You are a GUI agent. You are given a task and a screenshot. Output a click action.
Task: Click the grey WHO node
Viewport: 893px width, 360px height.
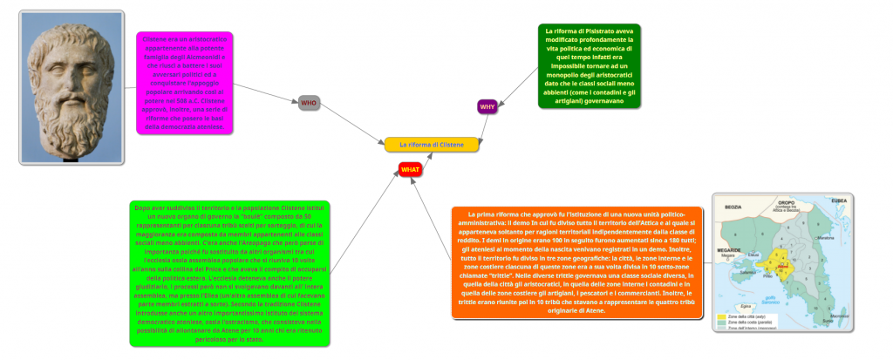309,103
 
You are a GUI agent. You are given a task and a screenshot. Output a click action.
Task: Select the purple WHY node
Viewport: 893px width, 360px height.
487,106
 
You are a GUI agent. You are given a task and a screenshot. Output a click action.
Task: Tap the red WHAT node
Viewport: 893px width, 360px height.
410,168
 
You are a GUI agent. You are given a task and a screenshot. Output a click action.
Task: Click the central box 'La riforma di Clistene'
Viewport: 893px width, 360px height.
433,144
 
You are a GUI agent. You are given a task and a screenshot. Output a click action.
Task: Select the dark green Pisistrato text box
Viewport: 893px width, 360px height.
589,66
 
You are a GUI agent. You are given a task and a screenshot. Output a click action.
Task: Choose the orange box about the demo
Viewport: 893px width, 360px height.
576,262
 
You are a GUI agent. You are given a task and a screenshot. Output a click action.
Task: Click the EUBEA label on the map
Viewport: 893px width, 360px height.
838,200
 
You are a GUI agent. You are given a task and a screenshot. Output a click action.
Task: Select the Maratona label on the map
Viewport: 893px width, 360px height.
824,237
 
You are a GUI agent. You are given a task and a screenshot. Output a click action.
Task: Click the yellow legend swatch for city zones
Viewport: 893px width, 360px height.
721,316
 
